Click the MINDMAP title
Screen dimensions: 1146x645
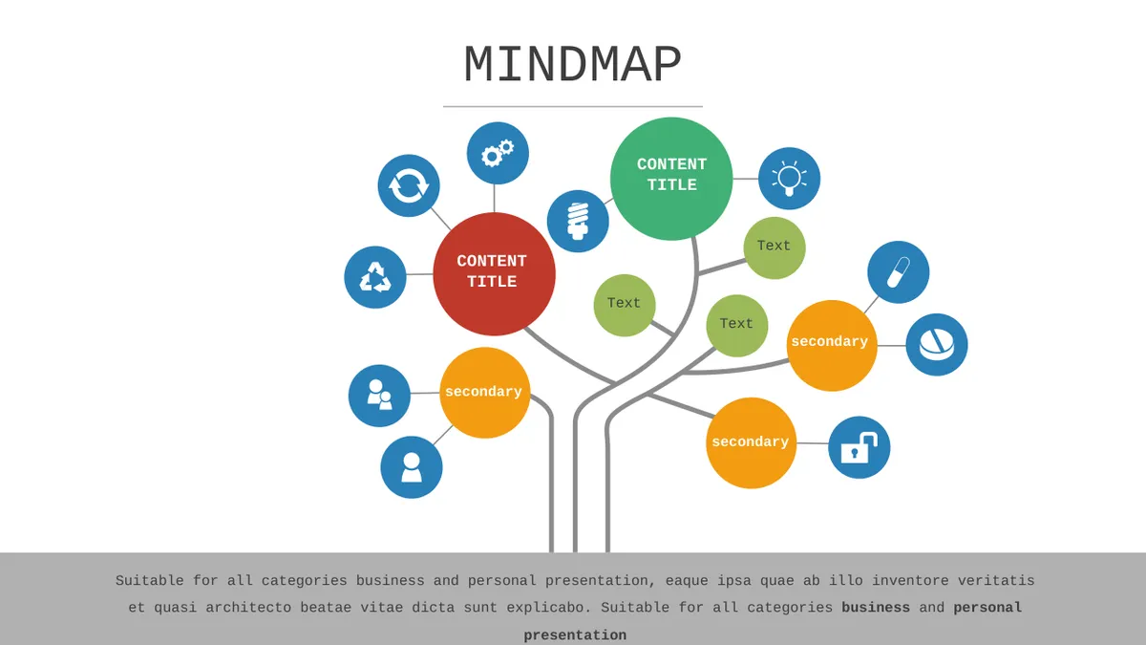(572, 65)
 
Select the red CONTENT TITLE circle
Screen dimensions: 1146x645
(495, 274)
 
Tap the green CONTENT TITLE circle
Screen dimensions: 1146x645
(671, 179)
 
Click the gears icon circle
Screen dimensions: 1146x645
(498, 153)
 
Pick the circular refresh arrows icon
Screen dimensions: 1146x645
(409, 185)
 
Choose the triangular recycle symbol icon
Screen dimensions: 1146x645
(375, 277)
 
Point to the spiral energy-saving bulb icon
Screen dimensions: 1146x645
(578, 221)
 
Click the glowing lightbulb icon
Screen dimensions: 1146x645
(790, 179)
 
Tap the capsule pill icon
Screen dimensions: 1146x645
(899, 272)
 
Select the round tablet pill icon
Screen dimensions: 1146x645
(937, 345)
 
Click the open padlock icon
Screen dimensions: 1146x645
(859, 447)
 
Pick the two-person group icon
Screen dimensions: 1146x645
(379, 396)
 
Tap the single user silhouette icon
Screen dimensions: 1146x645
(412, 467)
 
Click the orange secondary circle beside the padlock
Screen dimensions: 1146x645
(751, 442)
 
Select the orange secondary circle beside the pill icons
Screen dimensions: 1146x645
(832, 346)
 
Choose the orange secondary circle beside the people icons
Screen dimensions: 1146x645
(484, 393)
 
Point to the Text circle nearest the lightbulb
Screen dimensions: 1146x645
(775, 247)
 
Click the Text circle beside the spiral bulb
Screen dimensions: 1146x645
(625, 305)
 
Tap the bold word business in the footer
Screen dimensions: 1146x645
(876, 608)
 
